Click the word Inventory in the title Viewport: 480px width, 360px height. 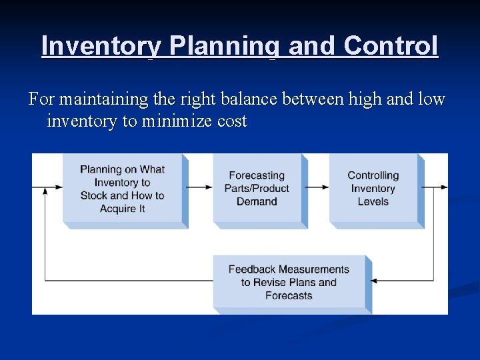tap(101, 46)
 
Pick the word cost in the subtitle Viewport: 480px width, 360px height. tap(231, 121)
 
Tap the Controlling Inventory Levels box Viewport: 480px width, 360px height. tap(373, 189)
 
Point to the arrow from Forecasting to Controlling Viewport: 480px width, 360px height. tap(318, 187)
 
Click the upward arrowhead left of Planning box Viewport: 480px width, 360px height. tap(45, 191)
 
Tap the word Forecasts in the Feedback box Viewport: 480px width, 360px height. tap(289, 295)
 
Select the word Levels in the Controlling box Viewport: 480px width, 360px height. tap(373, 201)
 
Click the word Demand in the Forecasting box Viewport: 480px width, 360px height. tap(257, 201)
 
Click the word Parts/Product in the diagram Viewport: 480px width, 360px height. tap(257, 189)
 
